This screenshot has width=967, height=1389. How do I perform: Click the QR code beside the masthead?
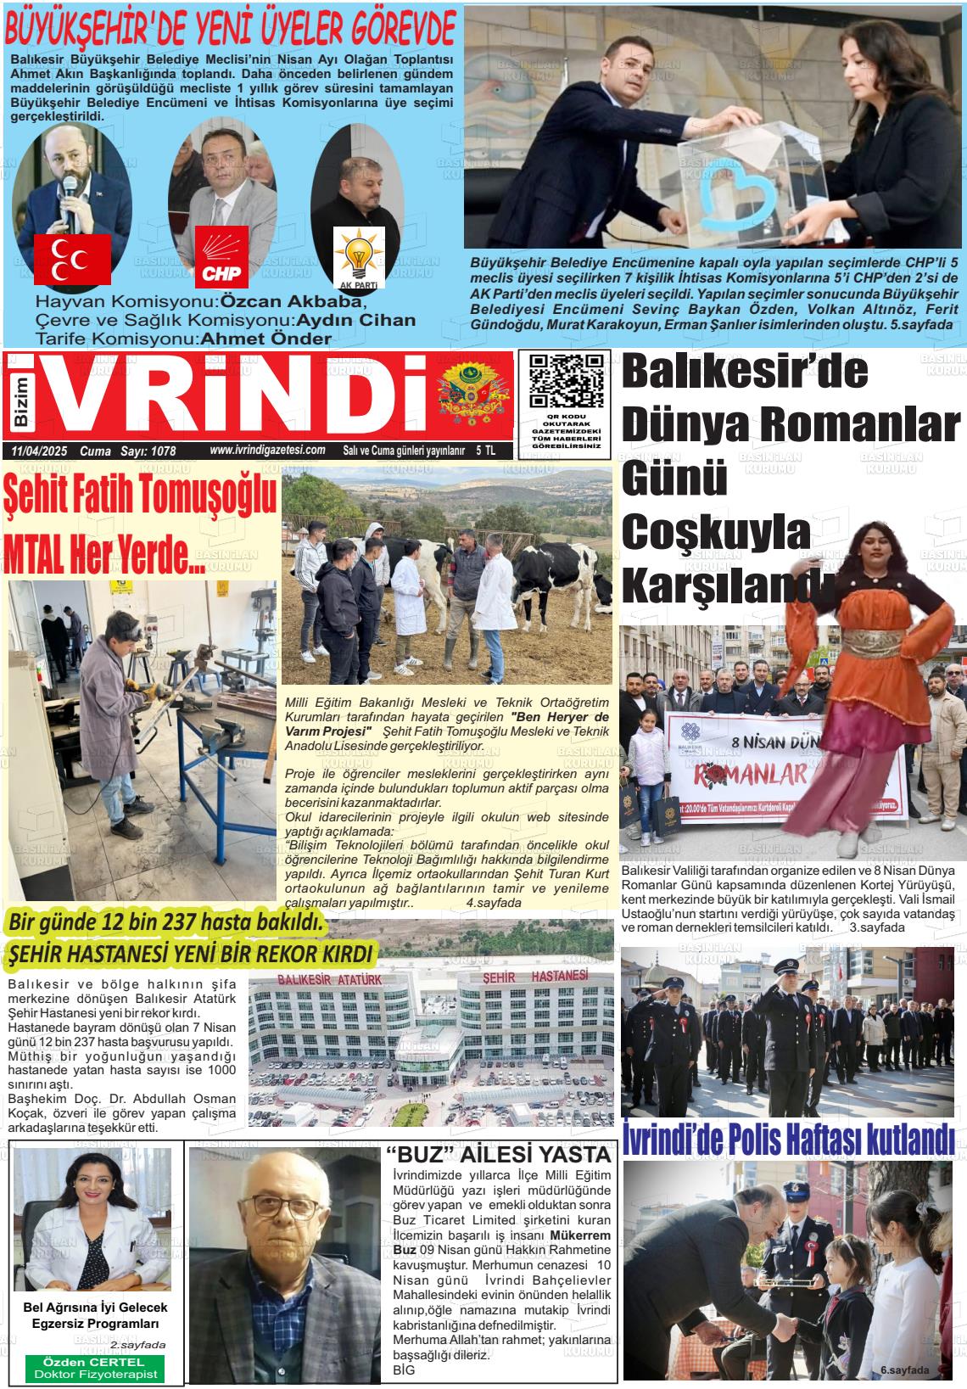pyautogui.click(x=566, y=381)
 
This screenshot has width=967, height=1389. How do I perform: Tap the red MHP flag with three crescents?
pyautogui.click(x=72, y=259)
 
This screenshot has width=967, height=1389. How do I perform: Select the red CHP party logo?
pyautogui.click(x=222, y=256)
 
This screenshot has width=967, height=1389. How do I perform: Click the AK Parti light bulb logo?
pyautogui.click(x=359, y=257)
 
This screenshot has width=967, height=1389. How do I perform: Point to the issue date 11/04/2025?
pyautogui.click(x=41, y=451)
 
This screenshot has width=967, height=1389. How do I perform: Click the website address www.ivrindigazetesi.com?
pyautogui.click(x=267, y=451)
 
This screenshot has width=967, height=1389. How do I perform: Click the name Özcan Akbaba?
pyautogui.click(x=292, y=302)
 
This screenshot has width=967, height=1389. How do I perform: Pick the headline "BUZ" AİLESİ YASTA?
pyautogui.click(x=498, y=1155)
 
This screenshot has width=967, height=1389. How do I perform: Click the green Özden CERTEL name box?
pyautogui.click(x=93, y=1368)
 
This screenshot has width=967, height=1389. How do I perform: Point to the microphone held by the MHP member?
pyautogui.click(x=70, y=210)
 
